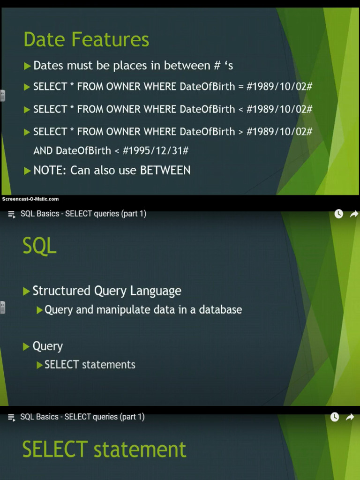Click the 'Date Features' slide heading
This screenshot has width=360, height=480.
pyautogui.click(x=86, y=39)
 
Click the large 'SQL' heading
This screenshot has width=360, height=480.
pyautogui.click(x=39, y=246)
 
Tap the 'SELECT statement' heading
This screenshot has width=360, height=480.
pyautogui.click(x=104, y=449)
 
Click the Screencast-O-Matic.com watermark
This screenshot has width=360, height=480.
pyautogui.click(x=30, y=199)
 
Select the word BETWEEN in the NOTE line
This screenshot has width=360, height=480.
pyautogui.click(x=165, y=170)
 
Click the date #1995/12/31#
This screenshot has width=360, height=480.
pyautogui.click(x=156, y=150)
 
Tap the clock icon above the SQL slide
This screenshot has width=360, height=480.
pyautogui.click(x=338, y=214)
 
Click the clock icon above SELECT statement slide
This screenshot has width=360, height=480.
pyautogui.click(x=334, y=417)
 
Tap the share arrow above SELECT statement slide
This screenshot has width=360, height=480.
pyautogui.click(x=350, y=417)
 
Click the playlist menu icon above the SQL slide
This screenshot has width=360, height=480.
pyautogui.click(x=12, y=214)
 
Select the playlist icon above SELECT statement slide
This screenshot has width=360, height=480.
pyautogui.click(x=12, y=417)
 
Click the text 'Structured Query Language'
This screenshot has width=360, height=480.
pyautogui.click(x=107, y=291)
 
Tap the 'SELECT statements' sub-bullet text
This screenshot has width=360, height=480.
pyautogui.click(x=90, y=365)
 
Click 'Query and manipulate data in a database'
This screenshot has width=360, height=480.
pyautogui.click(x=143, y=310)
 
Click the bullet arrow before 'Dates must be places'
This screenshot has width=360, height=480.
pyautogui.click(x=27, y=66)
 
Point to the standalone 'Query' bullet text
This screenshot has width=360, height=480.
pyautogui.click(x=47, y=346)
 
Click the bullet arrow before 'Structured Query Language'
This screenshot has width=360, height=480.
pyautogui.click(x=26, y=292)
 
